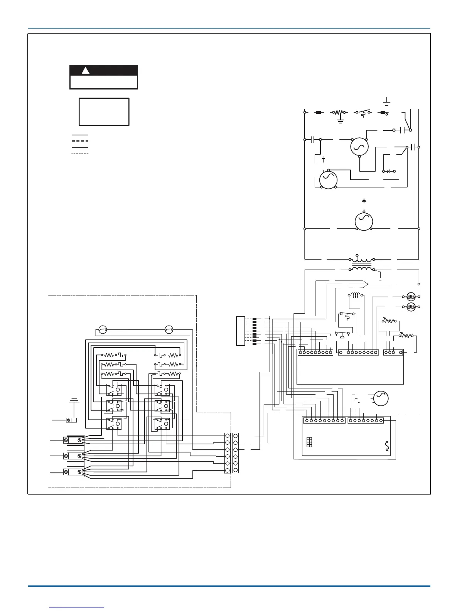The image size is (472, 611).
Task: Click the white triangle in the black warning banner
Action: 86,71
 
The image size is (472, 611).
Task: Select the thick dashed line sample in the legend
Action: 80,141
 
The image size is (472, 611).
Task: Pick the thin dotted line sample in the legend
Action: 80,154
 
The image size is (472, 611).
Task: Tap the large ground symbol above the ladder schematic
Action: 387,102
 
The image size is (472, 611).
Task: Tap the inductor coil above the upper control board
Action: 356,296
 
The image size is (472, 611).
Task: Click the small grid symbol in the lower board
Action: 309,442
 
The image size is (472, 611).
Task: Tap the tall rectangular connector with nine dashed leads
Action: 240,331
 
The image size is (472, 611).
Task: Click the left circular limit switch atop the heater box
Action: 102,330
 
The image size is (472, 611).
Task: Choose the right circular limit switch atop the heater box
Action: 169,330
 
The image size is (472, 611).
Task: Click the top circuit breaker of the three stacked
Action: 74,440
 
